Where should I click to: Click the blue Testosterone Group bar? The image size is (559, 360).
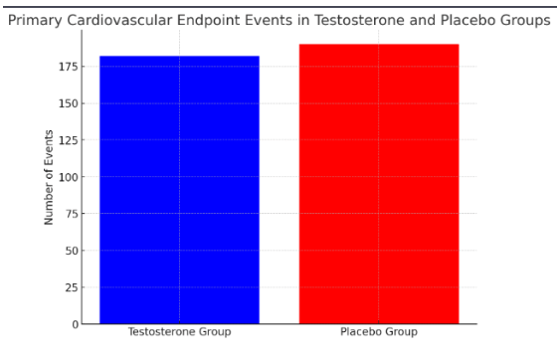coord(179,189)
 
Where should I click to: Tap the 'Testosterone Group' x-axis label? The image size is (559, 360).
coord(179,332)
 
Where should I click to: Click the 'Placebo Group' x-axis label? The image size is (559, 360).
coord(379,332)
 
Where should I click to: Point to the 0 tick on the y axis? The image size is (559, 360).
coord(73,324)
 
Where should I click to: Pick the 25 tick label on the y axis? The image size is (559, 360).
coord(70,287)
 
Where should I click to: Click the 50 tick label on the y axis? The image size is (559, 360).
coord(70,251)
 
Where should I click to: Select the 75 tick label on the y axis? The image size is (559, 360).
coord(70,214)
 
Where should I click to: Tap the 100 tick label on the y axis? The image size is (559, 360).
coord(67,177)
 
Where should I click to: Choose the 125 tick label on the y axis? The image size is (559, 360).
coord(67,140)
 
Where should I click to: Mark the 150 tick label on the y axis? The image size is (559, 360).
coord(67,103)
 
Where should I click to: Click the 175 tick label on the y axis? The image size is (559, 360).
coord(67,67)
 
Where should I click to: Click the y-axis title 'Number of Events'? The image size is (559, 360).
coord(48,177)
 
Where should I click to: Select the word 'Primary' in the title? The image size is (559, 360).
coord(36,21)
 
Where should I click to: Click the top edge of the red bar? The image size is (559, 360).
coord(379,45)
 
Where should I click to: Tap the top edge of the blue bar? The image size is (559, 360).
coord(179,57)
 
